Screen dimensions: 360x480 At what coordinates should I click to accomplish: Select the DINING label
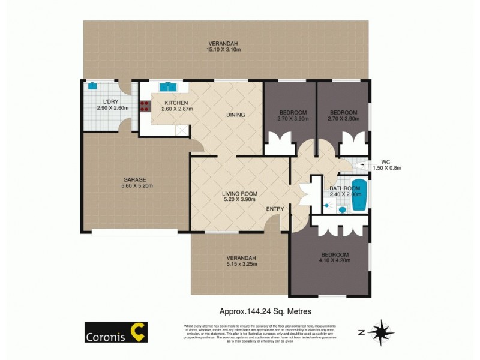point(235,115)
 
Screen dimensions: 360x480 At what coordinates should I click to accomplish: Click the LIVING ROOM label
point(239,193)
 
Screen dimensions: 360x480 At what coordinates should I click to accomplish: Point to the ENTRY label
point(275,209)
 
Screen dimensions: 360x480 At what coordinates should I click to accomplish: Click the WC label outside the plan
point(386,161)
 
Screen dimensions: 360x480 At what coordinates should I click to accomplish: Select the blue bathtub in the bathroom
point(359,195)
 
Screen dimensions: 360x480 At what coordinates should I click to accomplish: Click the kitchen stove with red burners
point(145,106)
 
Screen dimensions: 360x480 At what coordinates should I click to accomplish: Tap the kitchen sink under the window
point(167,86)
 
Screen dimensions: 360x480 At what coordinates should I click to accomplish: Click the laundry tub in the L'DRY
point(93,86)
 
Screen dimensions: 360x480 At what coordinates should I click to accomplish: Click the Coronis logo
point(116,332)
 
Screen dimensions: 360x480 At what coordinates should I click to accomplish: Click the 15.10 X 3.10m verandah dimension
point(223,50)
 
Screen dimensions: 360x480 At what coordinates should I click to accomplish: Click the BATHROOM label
point(345,188)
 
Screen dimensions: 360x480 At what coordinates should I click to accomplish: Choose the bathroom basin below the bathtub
point(342,210)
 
